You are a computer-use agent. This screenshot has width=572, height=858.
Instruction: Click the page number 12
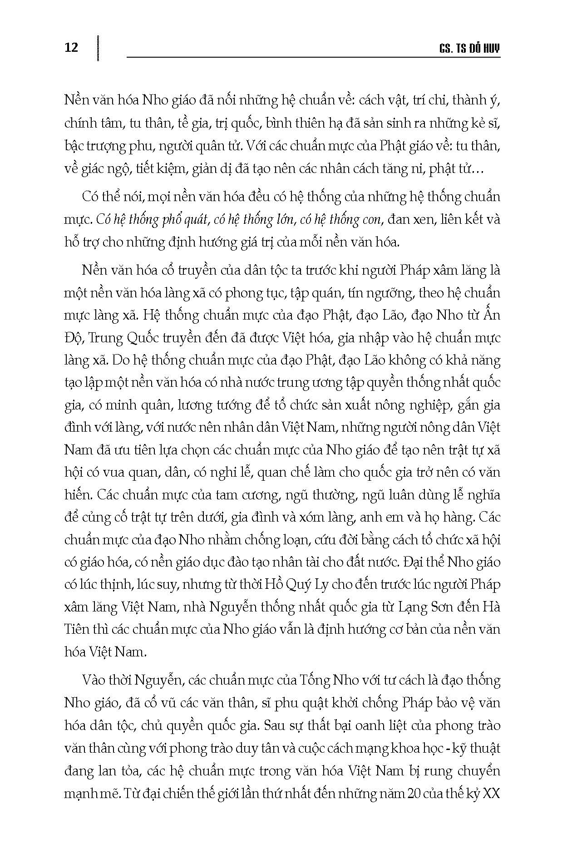click(72, 47)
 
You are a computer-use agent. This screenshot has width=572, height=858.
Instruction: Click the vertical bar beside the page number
click(98, 47)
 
